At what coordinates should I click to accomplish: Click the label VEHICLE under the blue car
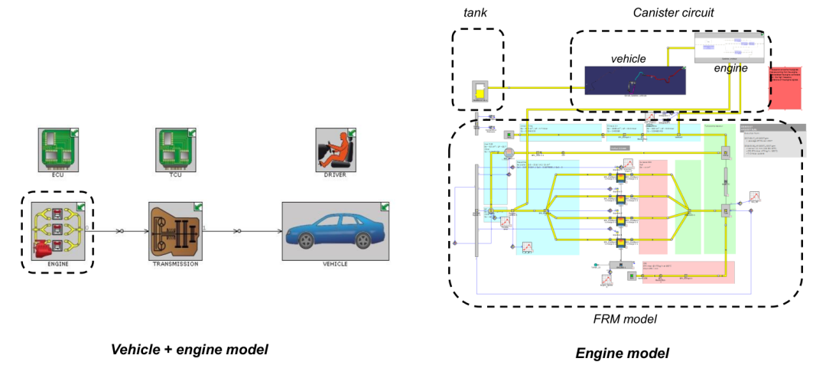[336, 264]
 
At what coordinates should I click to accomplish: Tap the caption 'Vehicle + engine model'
[190, 350]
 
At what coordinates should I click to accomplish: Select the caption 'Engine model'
[623, 353]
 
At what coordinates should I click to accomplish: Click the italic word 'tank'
[476, 13]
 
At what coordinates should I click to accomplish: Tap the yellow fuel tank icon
[480, 91]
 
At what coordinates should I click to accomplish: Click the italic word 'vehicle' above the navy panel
[628, 58]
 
